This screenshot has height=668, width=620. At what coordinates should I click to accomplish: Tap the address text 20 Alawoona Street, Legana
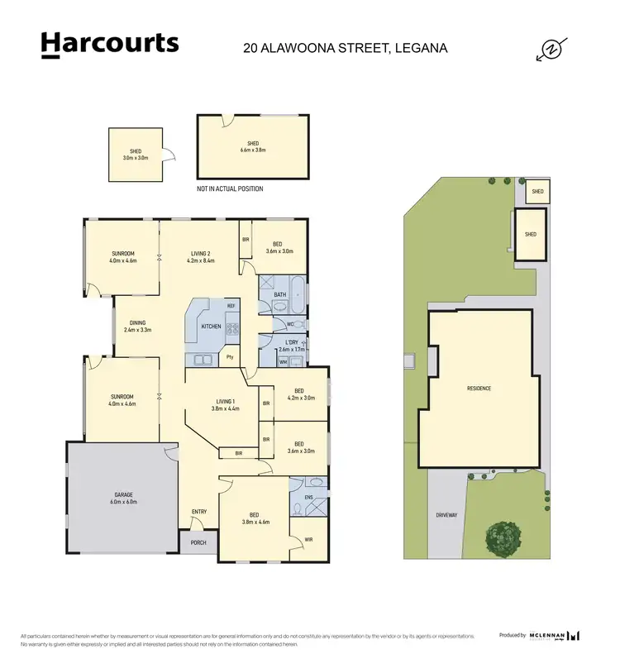tap(345, 48)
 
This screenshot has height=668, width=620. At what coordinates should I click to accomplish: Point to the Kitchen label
tap(211, 327)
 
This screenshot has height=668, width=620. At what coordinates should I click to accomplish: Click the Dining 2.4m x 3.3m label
tap(137, 327)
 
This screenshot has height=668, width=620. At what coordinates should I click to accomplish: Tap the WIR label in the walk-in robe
tap(308, 539)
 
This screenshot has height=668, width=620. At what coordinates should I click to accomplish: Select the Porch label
tap(199, 542)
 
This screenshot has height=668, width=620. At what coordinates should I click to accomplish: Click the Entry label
tap(199, 512)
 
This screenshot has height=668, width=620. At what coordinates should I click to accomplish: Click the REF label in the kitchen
tap(231, 307)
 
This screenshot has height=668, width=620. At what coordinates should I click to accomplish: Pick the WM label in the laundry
tap(283, 361)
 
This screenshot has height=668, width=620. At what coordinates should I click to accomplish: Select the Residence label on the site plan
tap(479, 388)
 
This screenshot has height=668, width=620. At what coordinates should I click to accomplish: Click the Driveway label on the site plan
tap(446, 515)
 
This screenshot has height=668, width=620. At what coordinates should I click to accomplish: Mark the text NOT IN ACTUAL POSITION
tap(230, 189)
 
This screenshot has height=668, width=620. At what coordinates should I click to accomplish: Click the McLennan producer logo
tap(552, 635)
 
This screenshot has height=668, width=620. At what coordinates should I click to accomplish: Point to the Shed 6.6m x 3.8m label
tap(253, 147)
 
